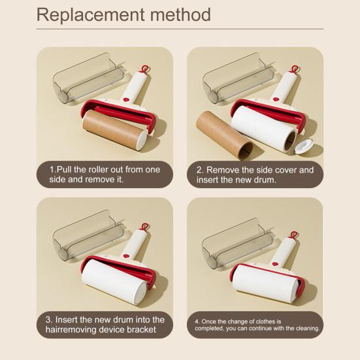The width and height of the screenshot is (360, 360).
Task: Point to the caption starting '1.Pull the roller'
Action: (x=105, y=174)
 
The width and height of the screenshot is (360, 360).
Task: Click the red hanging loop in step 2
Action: (x=295, y=69)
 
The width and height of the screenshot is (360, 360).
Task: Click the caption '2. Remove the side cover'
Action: (x=255, y=174)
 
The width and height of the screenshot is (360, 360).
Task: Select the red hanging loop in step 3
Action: (x=144, y=227)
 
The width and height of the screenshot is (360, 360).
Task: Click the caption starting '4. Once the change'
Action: (x=256, y=325)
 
